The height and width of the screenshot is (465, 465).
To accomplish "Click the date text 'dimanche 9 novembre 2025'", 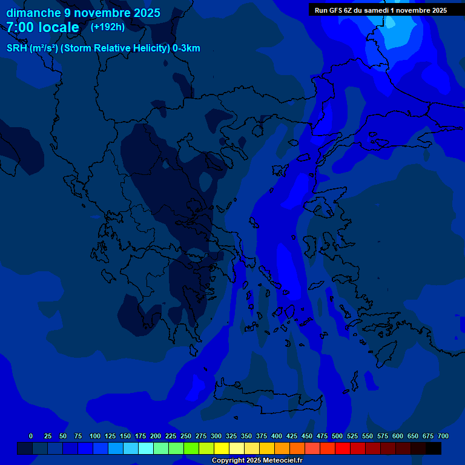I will point(83,13).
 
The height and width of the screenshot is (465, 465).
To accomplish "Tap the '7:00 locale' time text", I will point(42,27).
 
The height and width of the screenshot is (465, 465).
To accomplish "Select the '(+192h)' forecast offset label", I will point(108,27).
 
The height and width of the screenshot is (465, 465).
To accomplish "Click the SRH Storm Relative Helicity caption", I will point(104,48).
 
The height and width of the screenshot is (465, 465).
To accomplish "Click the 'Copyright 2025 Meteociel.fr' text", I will point(257,460).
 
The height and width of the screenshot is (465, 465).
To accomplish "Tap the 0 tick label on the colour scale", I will point(31,436).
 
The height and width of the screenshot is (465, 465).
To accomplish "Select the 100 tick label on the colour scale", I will point(95,436).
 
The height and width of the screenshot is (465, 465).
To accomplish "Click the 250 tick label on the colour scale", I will point(186,436).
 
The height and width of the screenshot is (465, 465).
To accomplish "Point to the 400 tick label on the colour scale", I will point(277,436).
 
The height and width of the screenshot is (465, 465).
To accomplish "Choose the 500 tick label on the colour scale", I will point(337,436).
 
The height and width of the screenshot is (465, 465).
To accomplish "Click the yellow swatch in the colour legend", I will point(222,449).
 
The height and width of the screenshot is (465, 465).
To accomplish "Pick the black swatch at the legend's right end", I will point(434,449).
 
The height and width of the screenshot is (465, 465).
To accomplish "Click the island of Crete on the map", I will point(266,401).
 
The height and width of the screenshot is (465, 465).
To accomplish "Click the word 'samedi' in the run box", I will point(374,10).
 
